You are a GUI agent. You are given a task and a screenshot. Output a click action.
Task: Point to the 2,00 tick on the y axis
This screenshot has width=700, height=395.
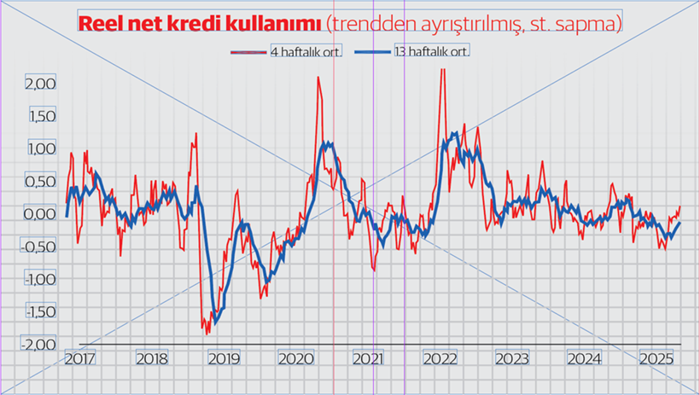pyautogui.click(x=40, y=84)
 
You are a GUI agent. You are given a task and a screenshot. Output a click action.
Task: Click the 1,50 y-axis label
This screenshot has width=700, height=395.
pyautogui.click(x=40, y=116)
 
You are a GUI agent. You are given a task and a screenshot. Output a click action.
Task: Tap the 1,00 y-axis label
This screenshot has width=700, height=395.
pyautogui.click(x=40, y=148)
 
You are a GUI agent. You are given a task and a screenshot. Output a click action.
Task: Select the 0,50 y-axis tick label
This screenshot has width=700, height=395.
pyautogui.click(x=40, y=181)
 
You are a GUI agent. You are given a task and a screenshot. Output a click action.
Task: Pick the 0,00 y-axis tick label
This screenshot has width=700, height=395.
pyautogui.click(x=40, y=213)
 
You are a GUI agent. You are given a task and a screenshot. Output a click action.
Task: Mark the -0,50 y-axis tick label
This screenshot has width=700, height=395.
pyautogui.click(x=38, y=247)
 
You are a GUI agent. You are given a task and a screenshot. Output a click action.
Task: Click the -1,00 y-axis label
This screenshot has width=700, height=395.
pyautogui.click(x=38, y=279)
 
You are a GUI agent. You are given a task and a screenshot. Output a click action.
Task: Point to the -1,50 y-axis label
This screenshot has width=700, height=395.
pyautogui.click(x=38, y=311)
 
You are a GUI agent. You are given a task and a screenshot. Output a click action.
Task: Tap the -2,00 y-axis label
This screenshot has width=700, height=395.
pyautogui.click(x=38, y=344)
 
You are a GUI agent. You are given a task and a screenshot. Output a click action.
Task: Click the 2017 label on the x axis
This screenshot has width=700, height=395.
pyautogui.click(x=79, y=359)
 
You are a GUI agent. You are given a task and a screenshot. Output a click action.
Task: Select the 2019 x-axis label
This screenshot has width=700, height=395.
pyautogui.click(x=222, y=359)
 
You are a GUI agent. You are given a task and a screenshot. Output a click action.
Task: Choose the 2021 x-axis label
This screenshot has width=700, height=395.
pyautogui.click(x=366, y=359)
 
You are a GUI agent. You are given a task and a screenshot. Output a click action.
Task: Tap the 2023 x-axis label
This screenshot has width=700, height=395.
pyautogui.click(x=510, y=359)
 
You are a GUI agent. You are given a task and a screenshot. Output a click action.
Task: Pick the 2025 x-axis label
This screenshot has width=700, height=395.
pyautogui.click(x=655, y=359)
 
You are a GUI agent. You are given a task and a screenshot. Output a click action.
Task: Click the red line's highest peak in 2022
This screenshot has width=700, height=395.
pyautogui.click(x=442, y=70)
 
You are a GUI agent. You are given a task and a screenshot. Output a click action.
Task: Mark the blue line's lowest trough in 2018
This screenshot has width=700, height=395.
pyautogui.click(x=214, y=323)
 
